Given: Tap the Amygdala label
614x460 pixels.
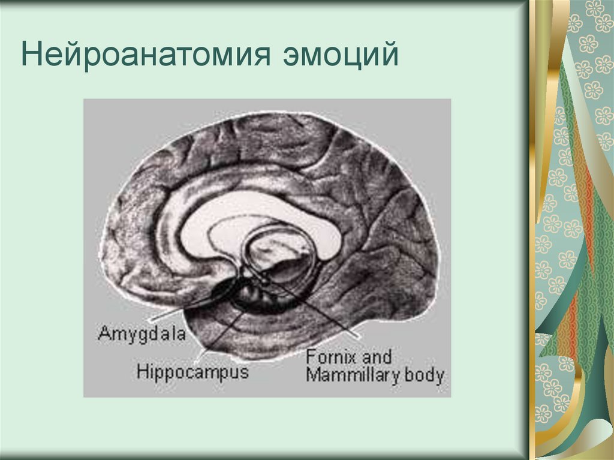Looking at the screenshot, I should pyautogui.click(x=142, y=332).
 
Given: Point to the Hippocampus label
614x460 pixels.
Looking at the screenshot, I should pyautogui.click(x=192, y=371).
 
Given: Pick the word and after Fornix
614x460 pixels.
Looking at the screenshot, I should pyautogui.click(x=378, y=357).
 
